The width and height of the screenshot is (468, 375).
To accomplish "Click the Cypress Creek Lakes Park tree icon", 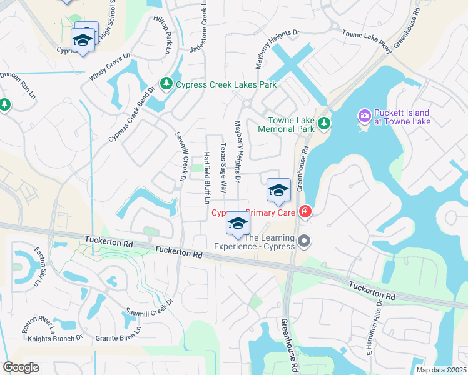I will pos(166,84).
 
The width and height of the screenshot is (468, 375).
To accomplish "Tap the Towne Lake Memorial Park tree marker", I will pos(323,124).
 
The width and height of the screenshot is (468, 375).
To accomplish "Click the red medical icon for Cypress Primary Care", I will pos(305,212).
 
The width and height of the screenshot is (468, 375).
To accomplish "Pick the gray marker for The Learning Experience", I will pos(305,241).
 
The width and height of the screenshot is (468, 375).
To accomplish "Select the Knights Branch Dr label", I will pos(55,339).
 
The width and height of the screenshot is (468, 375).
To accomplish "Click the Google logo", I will pos(21,367).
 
